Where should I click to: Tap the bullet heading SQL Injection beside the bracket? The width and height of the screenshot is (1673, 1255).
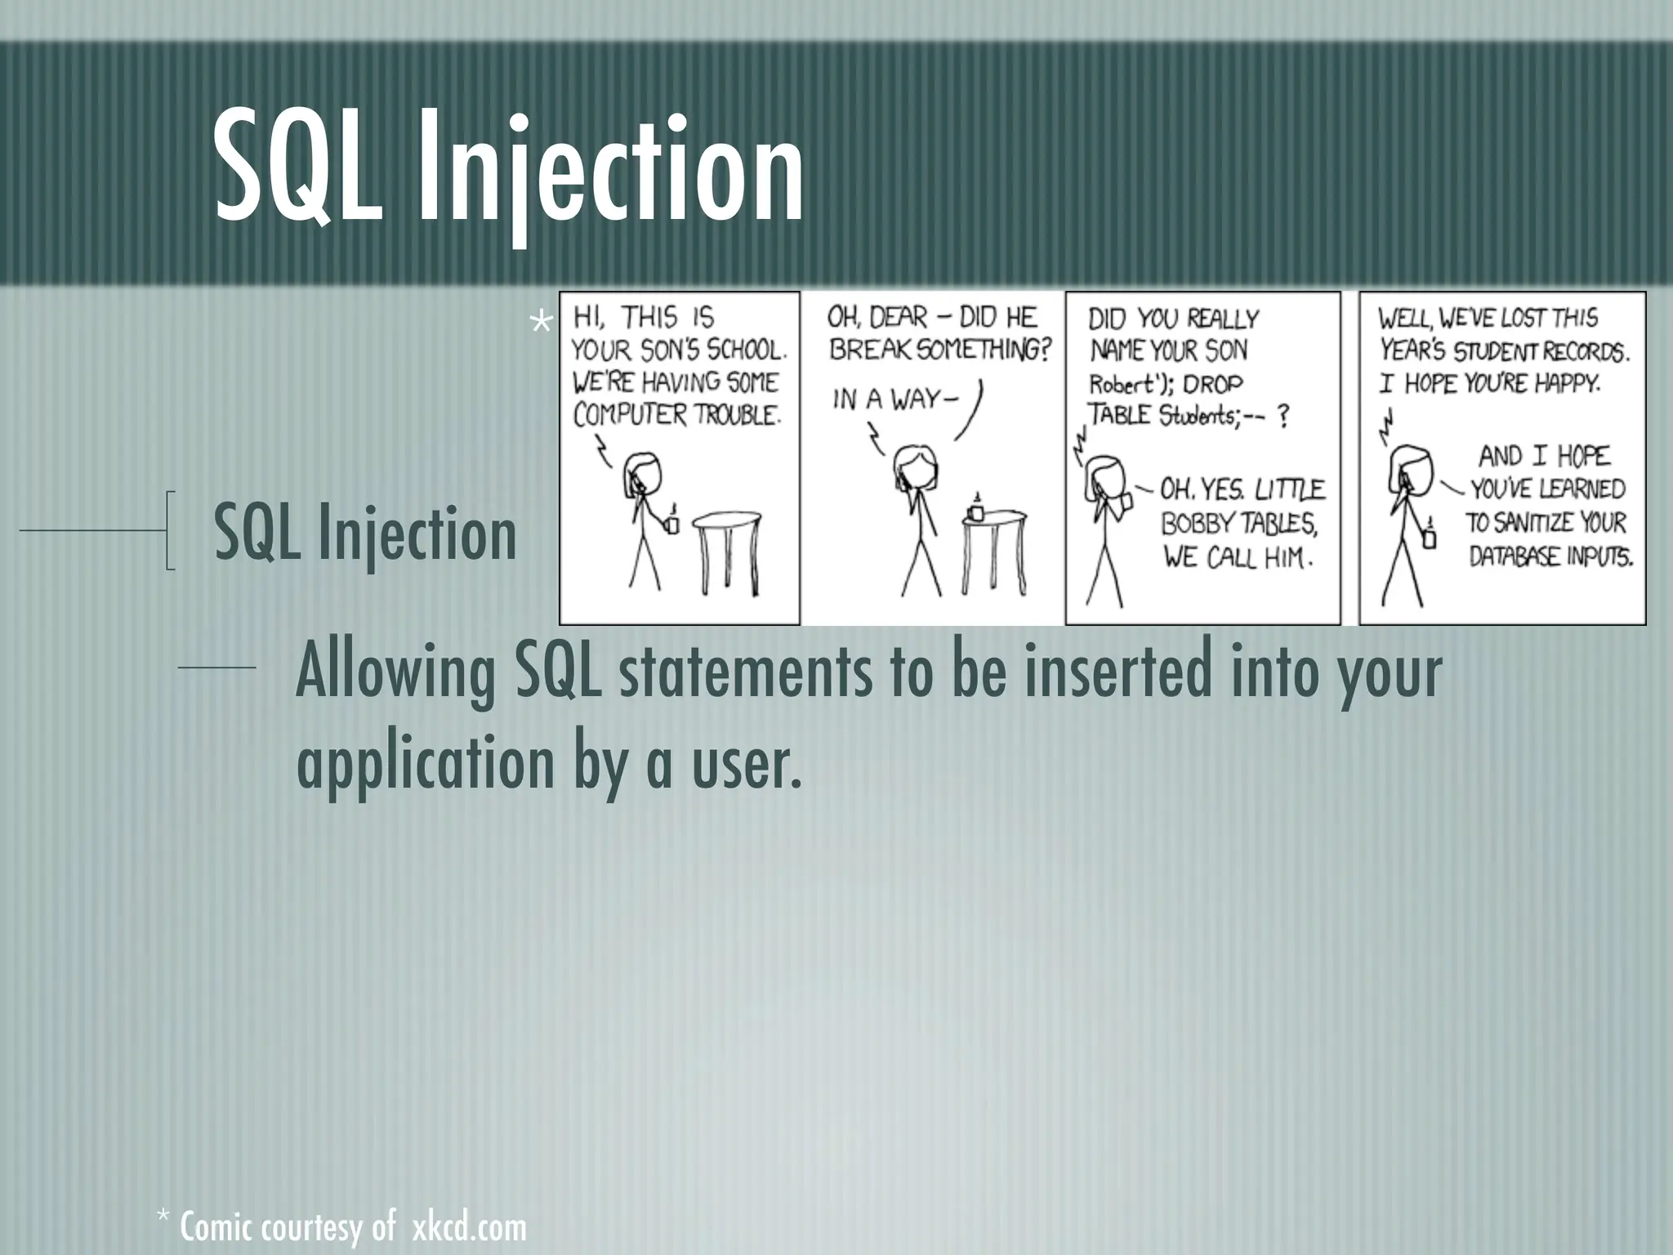coord(364,533)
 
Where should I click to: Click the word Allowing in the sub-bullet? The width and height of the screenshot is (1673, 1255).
coord(395,672)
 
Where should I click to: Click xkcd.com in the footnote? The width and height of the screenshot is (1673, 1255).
coord(469,1228)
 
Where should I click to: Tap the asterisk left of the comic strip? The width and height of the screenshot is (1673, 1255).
coord(541,324)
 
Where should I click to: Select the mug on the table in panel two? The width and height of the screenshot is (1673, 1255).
coord(975,510)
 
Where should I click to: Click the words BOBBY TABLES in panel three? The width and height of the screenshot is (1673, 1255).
coord(1238,523)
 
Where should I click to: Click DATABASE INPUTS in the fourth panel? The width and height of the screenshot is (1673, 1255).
coord(1550,557)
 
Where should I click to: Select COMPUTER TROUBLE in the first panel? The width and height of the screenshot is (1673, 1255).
coord(676,415)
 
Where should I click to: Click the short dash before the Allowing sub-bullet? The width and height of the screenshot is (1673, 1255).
coord(216,668)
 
